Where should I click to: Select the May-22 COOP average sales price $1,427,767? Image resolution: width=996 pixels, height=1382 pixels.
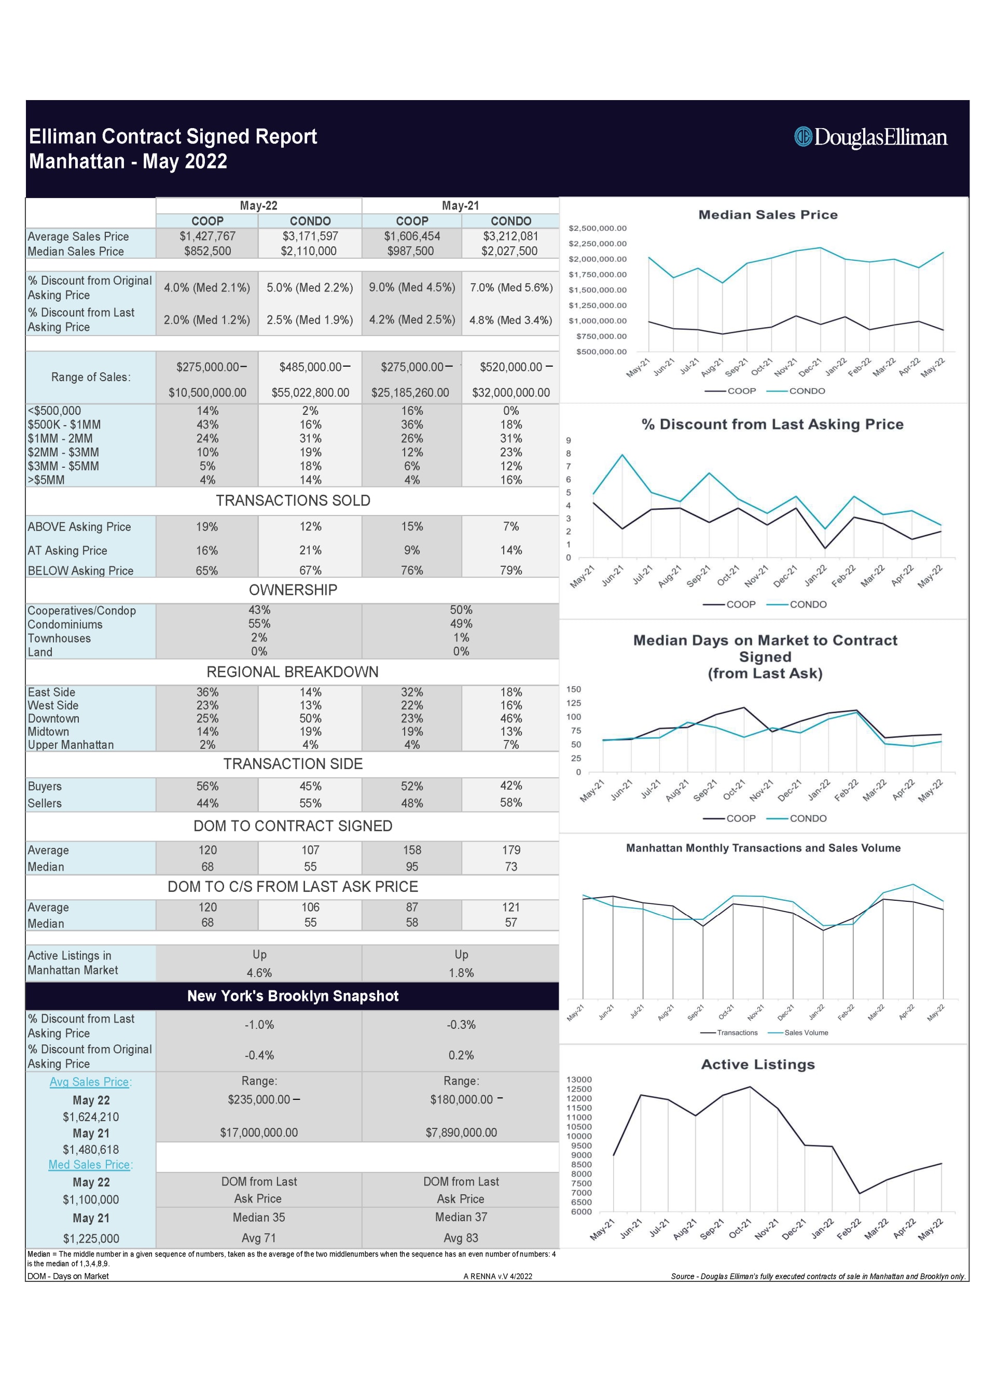208,236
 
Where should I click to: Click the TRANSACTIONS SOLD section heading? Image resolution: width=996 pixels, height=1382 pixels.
293,500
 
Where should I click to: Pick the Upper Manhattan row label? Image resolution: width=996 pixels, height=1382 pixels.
71,745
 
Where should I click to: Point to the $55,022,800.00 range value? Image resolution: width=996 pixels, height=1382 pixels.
310,393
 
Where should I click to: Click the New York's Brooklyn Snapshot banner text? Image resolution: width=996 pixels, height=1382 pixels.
293,996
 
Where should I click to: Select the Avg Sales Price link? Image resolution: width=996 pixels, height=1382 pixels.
90,1082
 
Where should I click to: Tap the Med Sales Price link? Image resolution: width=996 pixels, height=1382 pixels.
90,1165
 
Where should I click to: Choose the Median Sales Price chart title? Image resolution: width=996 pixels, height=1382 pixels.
767,215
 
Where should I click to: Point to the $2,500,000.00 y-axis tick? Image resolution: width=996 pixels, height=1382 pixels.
598,229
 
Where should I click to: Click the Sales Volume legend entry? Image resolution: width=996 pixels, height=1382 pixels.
805,1033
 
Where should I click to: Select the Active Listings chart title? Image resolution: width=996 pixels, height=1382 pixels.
758,1064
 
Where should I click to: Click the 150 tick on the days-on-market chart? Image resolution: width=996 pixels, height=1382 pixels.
574,689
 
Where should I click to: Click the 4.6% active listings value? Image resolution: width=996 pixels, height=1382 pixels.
259,973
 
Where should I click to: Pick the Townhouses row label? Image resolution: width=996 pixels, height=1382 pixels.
59,638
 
